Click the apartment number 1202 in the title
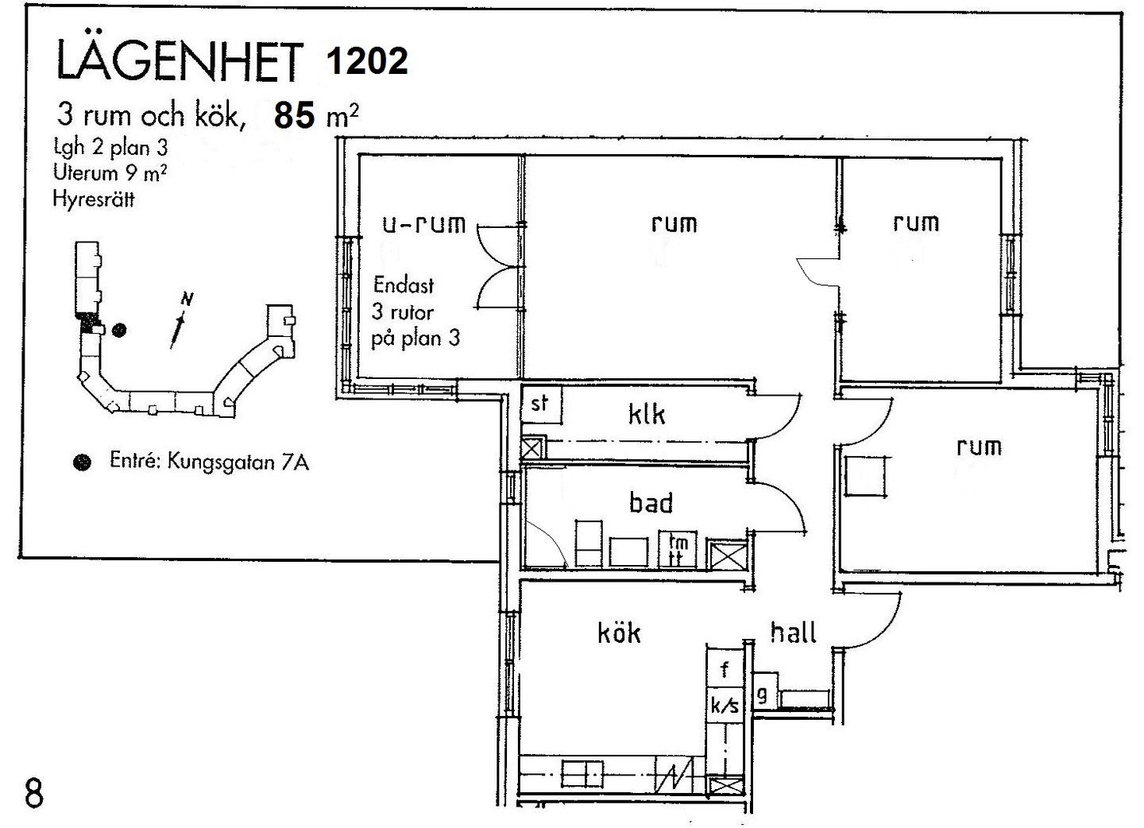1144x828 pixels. (367, 60)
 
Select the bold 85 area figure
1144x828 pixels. (294, 116)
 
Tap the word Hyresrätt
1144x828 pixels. (94, 199)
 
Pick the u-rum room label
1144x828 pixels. (424, 224)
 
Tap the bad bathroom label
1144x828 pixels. (651, 502)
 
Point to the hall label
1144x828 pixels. (793, 633)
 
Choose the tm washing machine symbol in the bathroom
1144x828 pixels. (678, 550)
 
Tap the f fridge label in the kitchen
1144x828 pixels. (725, 669)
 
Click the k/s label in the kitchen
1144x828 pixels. (725, 706)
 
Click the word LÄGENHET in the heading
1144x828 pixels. (180, 61)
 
